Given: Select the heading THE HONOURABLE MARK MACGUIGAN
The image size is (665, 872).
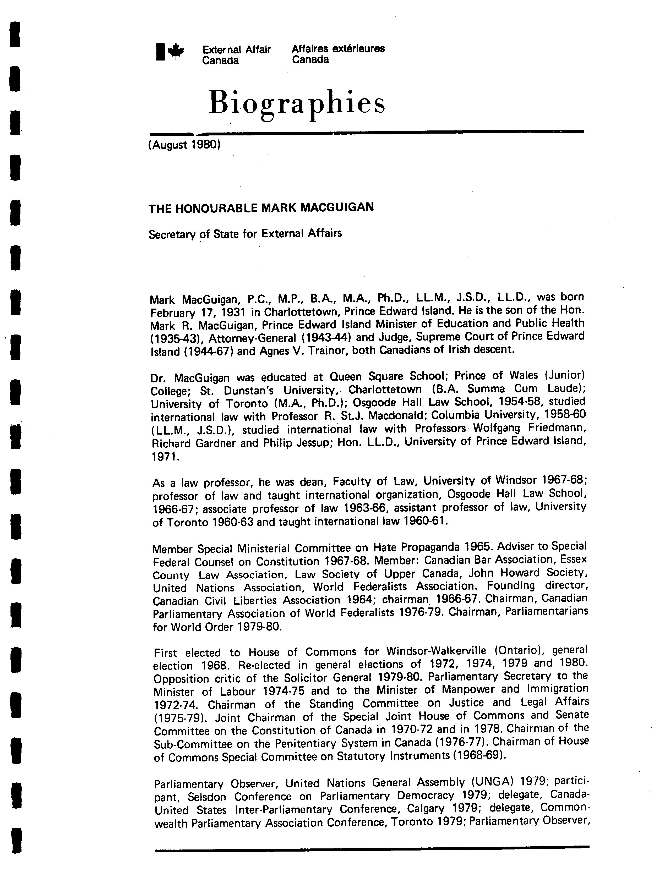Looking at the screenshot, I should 261,208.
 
